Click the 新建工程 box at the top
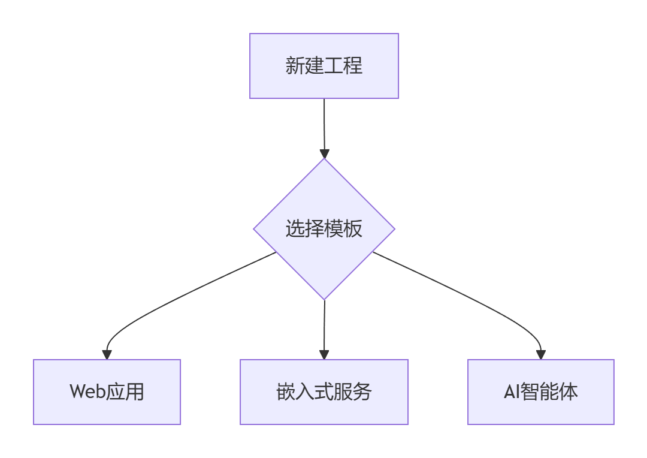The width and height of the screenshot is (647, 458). click(x=323, y=66)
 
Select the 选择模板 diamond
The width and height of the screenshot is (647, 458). click(x=323, y=229)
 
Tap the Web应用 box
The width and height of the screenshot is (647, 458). click(x=107, y=392)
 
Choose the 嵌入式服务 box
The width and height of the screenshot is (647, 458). click(x=323, y=392)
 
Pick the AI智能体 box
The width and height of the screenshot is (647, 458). click(x=540, y=392)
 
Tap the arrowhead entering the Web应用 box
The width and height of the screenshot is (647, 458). click(x=107, y=354)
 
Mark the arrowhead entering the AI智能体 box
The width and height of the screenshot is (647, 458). click(x=541, y=354)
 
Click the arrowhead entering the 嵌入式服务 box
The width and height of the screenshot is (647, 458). click(x=324, y=354)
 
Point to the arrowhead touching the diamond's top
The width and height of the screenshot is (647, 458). click(x=324, y=153)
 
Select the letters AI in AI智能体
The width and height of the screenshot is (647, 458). click(x=511, y=392)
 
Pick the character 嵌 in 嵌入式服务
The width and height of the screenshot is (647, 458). click(x=285, y=392)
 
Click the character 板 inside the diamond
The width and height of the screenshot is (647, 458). click(x=353, y=229)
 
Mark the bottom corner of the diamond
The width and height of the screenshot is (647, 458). click(x=324, y=299)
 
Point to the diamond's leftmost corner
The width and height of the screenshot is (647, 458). click(x=255, y=229)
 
